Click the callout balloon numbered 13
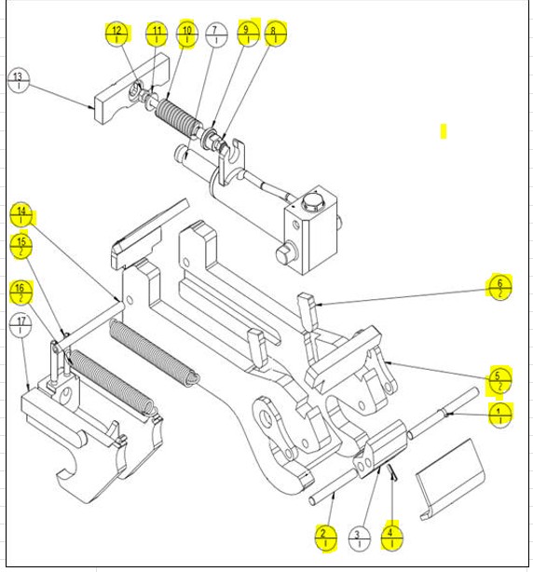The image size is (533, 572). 19,79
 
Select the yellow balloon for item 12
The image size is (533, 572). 116,34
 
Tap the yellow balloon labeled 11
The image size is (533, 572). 157,34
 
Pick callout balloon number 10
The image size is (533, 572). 186,34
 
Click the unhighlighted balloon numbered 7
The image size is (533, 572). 216,35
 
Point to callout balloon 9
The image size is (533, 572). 247,34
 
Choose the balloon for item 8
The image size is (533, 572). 275,35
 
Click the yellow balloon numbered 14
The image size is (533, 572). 21,215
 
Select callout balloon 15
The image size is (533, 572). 21,246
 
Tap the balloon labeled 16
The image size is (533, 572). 21,293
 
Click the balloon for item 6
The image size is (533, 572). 500,288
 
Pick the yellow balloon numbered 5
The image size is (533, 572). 500,381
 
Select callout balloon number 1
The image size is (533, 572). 500,415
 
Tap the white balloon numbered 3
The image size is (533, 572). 358,538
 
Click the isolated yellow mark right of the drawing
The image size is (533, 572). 444,131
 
